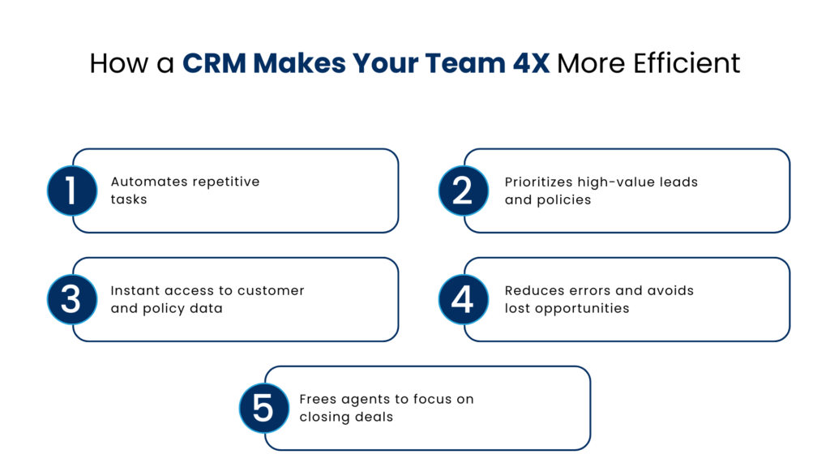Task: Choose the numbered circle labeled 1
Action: click(x=71, y=191)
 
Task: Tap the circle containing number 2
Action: click(x=463, y=191)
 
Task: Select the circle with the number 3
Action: click(x=71, y=299)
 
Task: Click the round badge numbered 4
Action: click(x=463, y=299)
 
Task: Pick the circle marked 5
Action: click(x=263, y=408)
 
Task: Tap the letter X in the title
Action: click(x=541, y=63)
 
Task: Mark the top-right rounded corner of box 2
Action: click(x=784, y=155)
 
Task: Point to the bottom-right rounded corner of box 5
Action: click(x=584, y=443)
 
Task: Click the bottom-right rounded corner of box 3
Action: click(x=393, y=335)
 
